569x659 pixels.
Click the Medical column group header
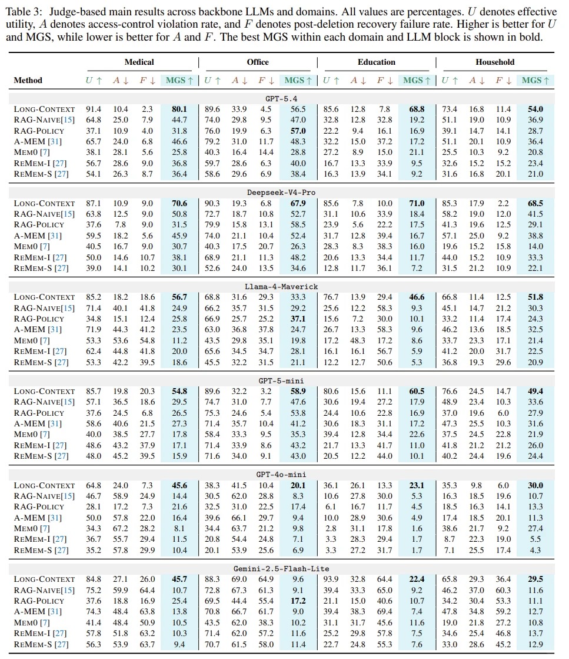[139, 62]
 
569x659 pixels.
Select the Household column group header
[495, 62]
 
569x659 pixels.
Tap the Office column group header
[257, 62]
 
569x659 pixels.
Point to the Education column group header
[376, 62]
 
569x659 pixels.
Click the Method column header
[28, 80]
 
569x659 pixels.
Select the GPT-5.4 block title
[281, 99]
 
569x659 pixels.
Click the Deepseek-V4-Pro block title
[281, 193]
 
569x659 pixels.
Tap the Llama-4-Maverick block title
[281, 287]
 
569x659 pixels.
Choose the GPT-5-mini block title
[281, 381]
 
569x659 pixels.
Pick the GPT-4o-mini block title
[281, 475]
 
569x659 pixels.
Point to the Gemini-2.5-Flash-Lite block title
[281, 569]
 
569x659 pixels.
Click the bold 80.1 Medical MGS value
[179, 110]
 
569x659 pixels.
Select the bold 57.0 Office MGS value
[298, 131]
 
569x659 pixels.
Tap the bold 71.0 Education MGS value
[417, 203]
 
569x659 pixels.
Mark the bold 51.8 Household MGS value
[535, 297]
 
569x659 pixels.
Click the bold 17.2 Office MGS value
[298, 601]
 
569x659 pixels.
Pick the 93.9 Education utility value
[331, 579]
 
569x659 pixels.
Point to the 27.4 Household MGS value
[535, 528]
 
